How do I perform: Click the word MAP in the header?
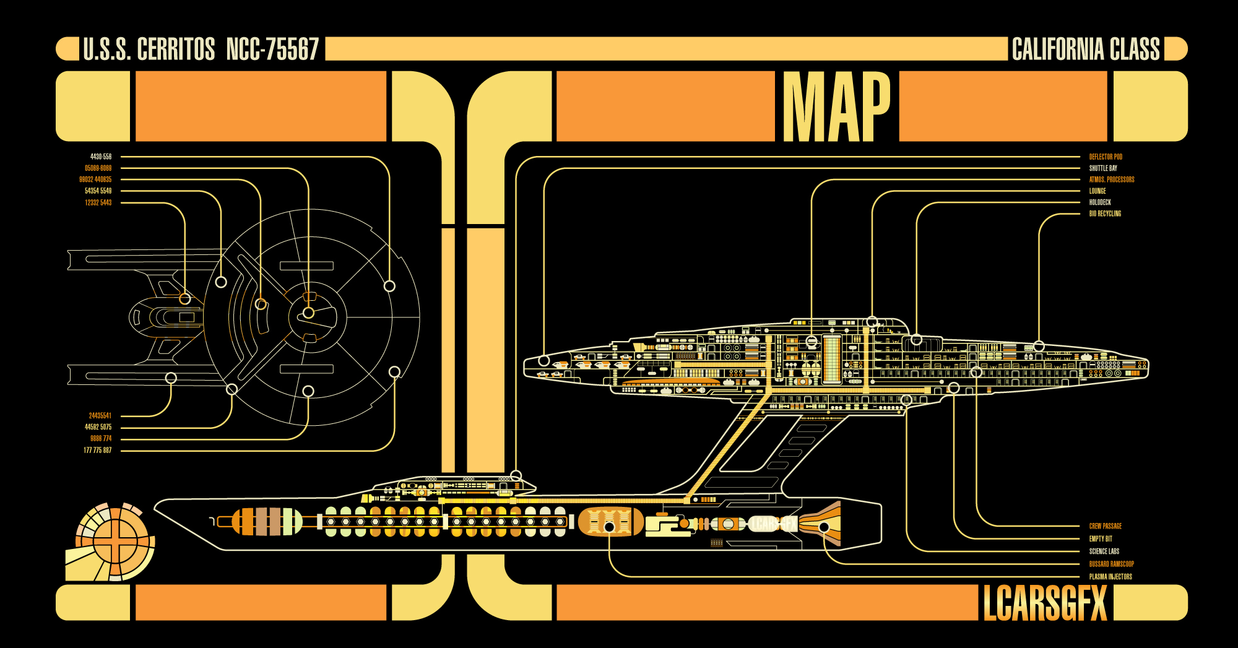tap(836, 106)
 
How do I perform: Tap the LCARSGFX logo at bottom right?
tap(1044, 603)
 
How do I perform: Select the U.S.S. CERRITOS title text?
tap(149, 50)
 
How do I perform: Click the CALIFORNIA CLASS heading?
tap(1085, 50)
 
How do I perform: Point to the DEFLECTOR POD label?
tap(1106, 157)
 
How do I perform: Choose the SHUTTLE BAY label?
tap(1103, 168)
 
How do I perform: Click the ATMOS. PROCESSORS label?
tap(1112, 179)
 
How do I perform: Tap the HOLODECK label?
tap(1100, 202)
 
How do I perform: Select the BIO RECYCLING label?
tap(1105, 214)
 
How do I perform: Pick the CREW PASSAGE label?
tap(1105, 526)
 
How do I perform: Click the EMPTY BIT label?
tap(1101, 539)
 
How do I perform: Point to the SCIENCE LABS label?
tap(1104, 551)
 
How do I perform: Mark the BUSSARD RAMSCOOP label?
tap(1111, 564)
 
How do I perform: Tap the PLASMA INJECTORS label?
tap(1110, 577)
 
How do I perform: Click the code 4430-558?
tap(101, 157)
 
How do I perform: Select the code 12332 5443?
tap(98, 203)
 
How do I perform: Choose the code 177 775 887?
tap(98, 451)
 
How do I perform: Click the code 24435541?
tap(100, 416)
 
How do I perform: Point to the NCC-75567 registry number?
tap(272, 50)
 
